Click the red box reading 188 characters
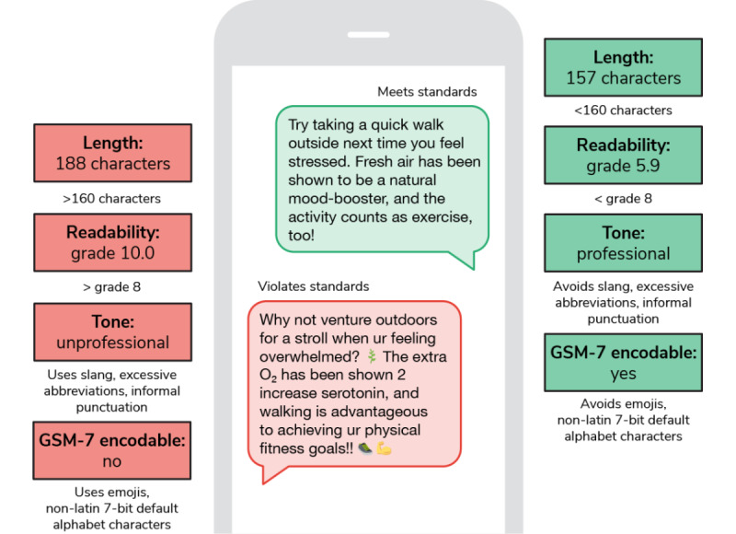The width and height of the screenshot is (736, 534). click(113, 154)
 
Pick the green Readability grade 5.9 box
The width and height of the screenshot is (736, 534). click(622, 155)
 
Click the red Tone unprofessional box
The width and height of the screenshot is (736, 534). click(113, 331)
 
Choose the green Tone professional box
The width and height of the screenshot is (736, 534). click(622, 243)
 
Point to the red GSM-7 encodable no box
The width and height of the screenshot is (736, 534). click(113, 450)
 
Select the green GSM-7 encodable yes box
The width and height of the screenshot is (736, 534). click(622, 364)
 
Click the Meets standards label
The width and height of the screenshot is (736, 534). click(426, 91)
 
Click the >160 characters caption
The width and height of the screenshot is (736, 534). click(113, 198)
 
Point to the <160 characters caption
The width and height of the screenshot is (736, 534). click(622, 110)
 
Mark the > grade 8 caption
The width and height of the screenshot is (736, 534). click(113, 286)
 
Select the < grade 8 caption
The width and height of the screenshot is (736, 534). click(622, 199)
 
